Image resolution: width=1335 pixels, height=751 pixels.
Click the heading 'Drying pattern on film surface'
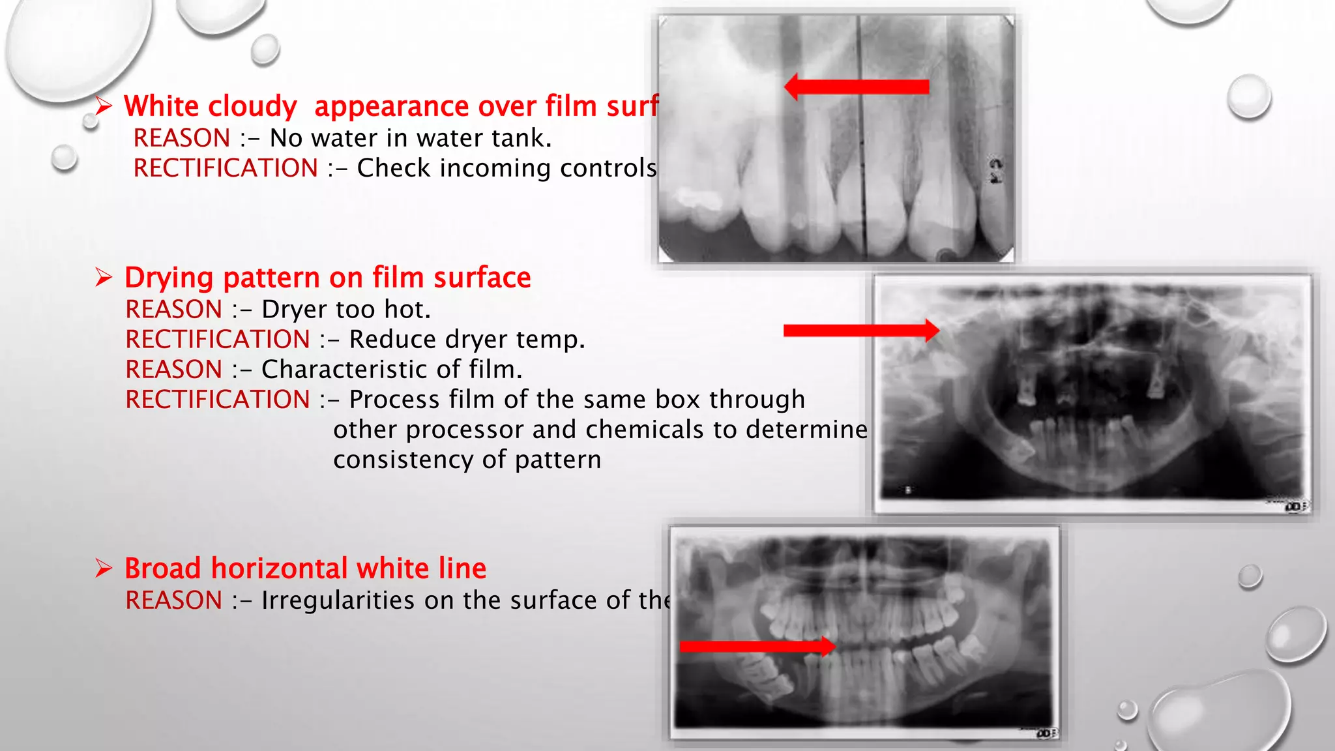tap(327, 278)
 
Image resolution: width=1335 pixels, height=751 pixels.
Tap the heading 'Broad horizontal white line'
tap(305, 568)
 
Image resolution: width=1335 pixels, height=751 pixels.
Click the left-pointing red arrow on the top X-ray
tap(857, 87)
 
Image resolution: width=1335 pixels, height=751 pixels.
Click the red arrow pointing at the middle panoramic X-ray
tap(861, 331)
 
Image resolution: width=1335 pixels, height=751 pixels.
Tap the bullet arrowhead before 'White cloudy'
tap(104, 106)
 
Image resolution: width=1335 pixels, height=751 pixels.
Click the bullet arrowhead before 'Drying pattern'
tap(104, 278)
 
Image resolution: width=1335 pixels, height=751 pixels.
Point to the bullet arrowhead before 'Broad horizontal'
tap(104, 568)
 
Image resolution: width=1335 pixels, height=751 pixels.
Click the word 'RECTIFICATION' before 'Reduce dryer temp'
tap(218, 340)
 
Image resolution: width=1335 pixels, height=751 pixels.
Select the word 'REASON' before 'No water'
tap(182, 138)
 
